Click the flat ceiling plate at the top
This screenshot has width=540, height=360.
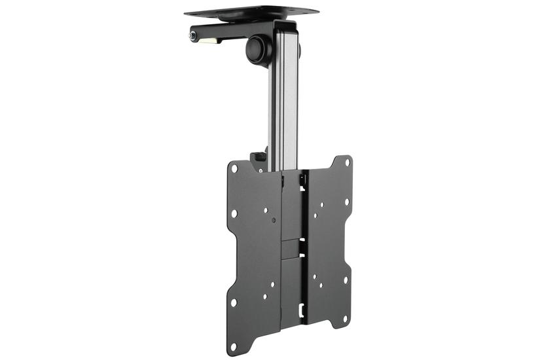point(251,11)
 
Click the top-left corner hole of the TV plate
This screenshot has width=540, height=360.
point(234,169)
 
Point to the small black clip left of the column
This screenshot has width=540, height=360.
point(259,157)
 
